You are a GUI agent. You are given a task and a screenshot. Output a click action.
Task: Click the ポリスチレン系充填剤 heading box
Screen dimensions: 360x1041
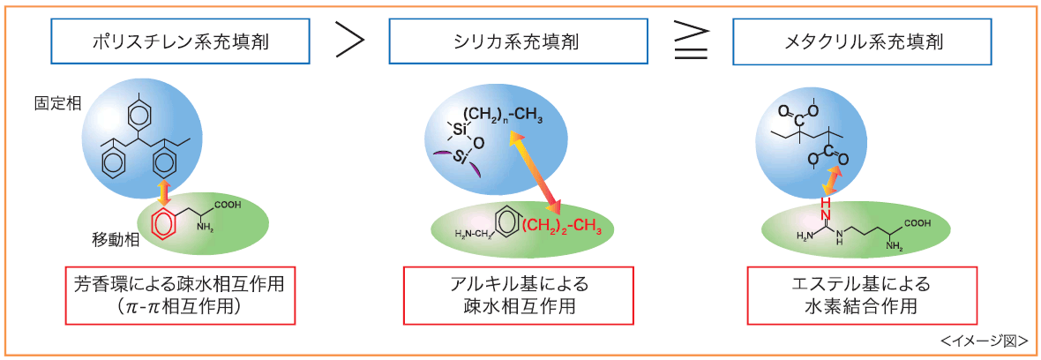pyautogui.click(x=181, y=41)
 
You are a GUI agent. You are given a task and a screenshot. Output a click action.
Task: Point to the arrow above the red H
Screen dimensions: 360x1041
pyautogui.click(x=830, y=182)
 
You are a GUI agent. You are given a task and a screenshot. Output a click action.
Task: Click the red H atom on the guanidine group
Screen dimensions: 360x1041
pyautogui.click(x=827, y=202)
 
